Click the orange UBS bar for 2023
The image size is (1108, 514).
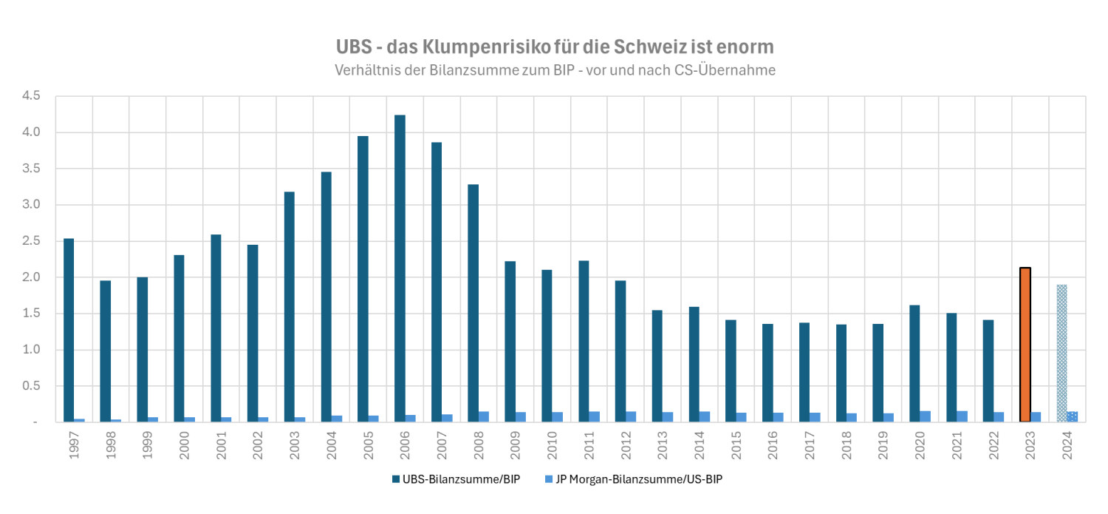point(1025,345)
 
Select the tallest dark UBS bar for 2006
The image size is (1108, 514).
point(400,268)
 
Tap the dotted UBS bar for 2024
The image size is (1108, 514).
point(1061,354)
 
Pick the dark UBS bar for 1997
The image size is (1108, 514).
point(69,330)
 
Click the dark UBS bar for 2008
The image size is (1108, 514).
point(473,303)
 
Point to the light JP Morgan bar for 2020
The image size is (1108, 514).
point(925,416)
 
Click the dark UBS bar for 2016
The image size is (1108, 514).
point(767,373)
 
